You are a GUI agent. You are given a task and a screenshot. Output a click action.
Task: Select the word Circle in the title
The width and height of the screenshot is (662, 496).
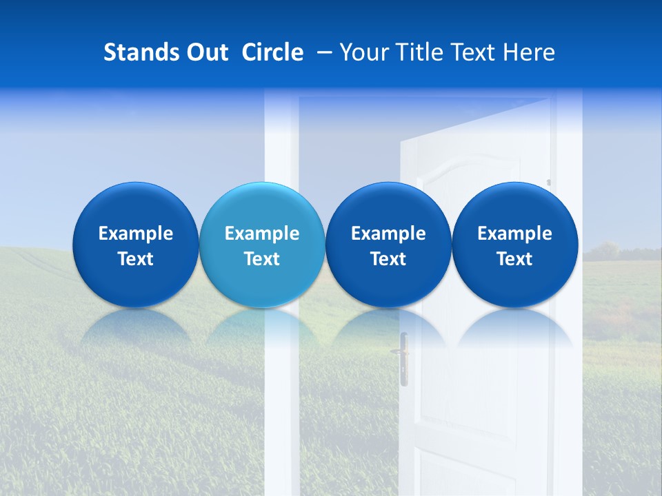(x=272, y=52)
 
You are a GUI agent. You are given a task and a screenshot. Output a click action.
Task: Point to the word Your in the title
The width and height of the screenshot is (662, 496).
(x=363, y=52)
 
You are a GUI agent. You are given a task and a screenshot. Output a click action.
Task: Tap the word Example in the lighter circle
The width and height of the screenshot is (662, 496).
(x=262, y=234)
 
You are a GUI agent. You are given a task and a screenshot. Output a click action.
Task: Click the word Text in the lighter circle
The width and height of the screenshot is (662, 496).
(x=262, y=259)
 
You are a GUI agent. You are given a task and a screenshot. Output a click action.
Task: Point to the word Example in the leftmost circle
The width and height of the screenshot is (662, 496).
(x=136, y=234)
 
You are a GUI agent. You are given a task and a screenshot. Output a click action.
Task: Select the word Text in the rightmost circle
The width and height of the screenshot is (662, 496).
(x=515, y=259)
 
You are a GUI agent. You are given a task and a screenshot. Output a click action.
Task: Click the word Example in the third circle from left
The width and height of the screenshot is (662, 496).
(x=388, y=234)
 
